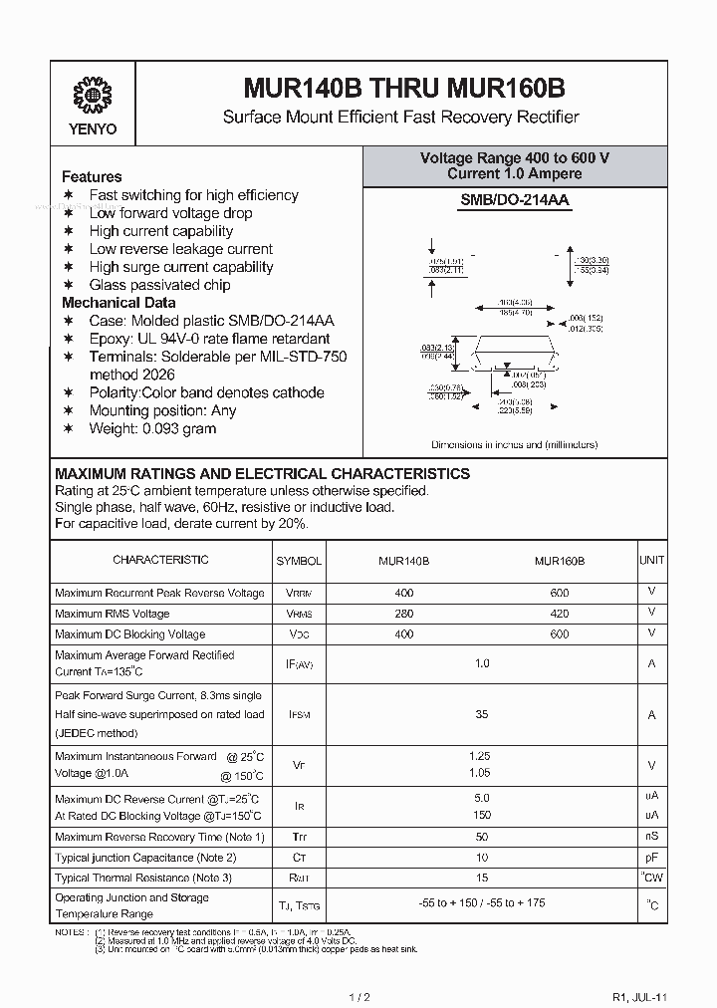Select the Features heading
click(x=92, y=176)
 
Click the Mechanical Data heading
click(x=119, y=303)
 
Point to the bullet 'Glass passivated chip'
click(x=159, y=285)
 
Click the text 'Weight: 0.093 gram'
click(x=152, y=428)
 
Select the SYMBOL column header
click(x=299, y=561)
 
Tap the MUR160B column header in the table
click(x=559, y=561)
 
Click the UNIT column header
click(x=652, y=561)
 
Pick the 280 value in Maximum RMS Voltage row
click(x=404, y=614)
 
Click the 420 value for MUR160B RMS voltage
click(x=559, y=614)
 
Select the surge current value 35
click(x=482, y=714)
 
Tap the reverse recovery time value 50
click(x=482, y=837)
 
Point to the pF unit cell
click(x=652, y=857)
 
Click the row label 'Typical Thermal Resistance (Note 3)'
click(x=143, y=878)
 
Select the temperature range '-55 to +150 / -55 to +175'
click(x=482, y=904)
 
